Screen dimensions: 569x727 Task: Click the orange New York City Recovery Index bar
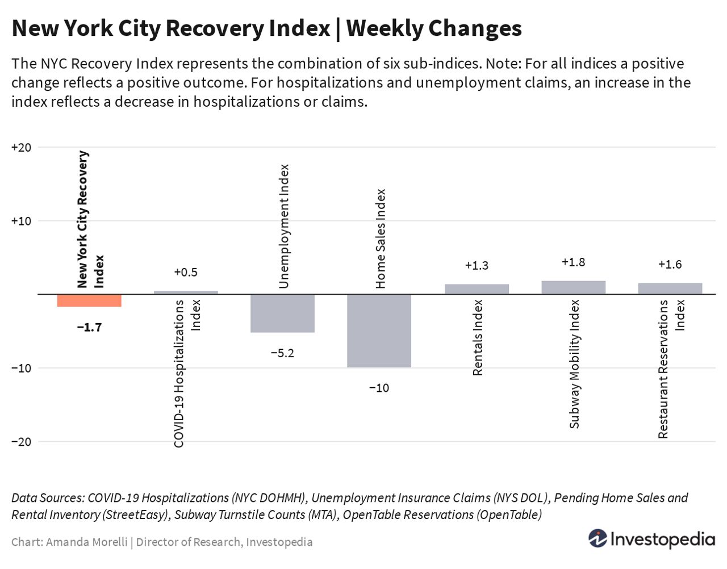pos(89,300)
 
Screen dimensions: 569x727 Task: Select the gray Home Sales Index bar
pos(379,330)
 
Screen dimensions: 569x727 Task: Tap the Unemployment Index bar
pos(282,313)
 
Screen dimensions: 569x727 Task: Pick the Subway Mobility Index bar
pos(573,287)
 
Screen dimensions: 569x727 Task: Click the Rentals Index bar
pos(477,289)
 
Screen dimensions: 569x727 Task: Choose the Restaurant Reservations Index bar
pos(670,288)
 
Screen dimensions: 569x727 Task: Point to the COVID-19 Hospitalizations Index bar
pos(186,292)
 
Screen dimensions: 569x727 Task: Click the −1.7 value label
pos(89,327)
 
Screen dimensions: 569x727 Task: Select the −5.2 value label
pos(282,353)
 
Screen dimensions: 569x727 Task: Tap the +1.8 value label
pos(573,262)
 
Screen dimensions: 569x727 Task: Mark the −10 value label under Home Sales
pos(379,388)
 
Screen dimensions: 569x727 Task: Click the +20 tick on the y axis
pos(21,148)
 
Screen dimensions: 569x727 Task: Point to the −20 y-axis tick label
pos(21,442)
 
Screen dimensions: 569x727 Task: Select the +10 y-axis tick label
pos(21,221)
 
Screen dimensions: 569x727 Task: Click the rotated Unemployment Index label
pos(284,226)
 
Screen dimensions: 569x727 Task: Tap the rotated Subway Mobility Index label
pos(574,363)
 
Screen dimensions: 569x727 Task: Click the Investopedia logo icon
pos(598,538)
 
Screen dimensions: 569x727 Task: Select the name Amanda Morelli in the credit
pos(86,542)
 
